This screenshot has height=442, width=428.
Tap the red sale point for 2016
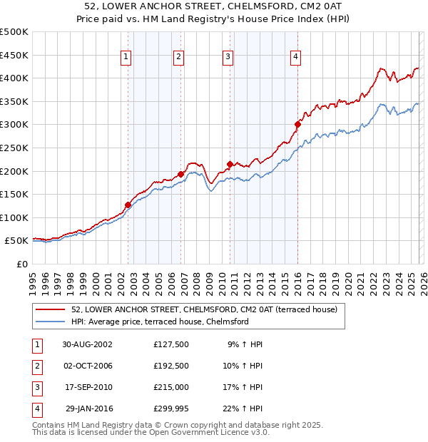point(297,124)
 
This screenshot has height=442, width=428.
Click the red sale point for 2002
point(128,205)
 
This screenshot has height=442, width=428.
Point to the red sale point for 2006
point(181,174)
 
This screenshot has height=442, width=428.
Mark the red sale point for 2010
point(230,164)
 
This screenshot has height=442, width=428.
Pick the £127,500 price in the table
point(171,344)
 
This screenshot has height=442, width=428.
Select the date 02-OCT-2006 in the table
point(87,366)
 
